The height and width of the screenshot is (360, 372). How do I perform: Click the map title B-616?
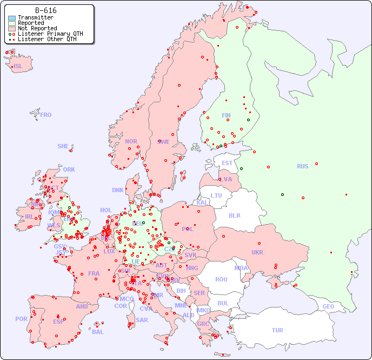[x=45, y=10]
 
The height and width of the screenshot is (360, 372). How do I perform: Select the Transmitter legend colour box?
[x=12, y=18]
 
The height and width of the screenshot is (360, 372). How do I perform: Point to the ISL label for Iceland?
[x=18, y=67]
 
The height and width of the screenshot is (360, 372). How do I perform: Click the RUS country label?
[x=302, y=166]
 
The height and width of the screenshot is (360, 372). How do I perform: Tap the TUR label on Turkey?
[x=277, y=330]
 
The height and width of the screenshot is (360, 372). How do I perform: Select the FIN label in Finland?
[x=226, y=115]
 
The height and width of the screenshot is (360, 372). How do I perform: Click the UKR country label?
[x=257, y=252]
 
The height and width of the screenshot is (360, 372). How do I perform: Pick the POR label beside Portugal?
[x=21, y=319]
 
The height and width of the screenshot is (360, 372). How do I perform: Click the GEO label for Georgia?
[x=328, y=306]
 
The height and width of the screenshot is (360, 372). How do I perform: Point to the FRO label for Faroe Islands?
[x=46, y=115]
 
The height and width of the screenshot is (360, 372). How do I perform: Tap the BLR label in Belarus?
[x=234, y=215]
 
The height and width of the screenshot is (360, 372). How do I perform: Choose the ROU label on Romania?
[x=221, y=279]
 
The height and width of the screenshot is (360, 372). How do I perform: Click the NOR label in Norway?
[x=131, y=141]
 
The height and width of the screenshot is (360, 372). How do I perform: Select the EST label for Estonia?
[x=227, y=163]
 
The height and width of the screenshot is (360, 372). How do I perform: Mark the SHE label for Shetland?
[x=63, y=146]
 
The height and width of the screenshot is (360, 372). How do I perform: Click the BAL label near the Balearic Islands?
[x=98, y=332]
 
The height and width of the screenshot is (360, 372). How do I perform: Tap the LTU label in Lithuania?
[x=216, y=195]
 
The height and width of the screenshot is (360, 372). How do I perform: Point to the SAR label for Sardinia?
[x=142, y=320]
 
